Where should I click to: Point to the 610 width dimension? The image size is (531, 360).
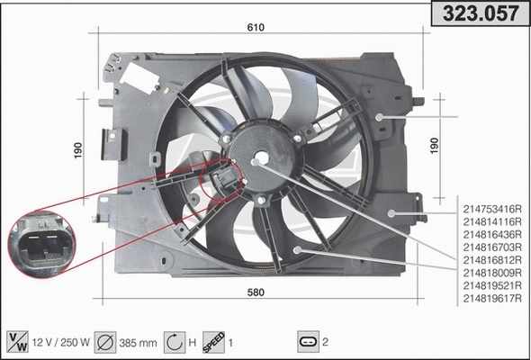[x=256, y=28]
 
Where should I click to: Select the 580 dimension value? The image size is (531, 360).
[x=255, y=292]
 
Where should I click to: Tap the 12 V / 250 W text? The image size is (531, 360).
[x=60, y=342]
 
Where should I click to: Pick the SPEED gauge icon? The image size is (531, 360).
[x=212, y=342]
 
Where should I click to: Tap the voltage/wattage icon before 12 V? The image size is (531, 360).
[x=17, y=342]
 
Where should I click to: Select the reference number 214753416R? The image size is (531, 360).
[x=492, y=208]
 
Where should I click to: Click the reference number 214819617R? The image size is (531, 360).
[x=492, y=298]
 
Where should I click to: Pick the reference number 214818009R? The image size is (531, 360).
[x=492, y=272]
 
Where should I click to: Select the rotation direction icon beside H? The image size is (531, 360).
[x=175, y=342]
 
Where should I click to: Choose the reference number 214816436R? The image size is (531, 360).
[x=492, y=233]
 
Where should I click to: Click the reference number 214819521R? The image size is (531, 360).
[x=492, y=285]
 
